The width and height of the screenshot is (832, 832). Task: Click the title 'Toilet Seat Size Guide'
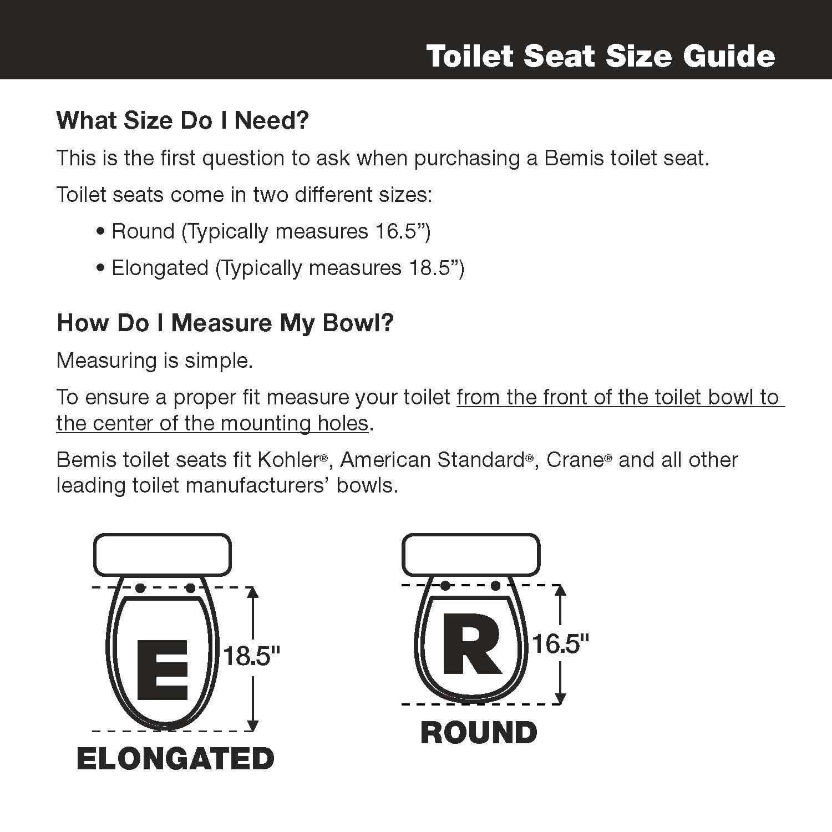pyautogui.click(x=600, y=56)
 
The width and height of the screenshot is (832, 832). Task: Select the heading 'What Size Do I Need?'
pyautogui.click(x=182, y=120)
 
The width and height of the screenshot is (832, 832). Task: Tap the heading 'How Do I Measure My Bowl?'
pyautogui.click(x=225, y=323)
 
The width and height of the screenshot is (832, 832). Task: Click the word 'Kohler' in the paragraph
pyautogui.click(x=288, y=460)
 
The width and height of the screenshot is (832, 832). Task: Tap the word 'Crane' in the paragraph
pyautogui.click(x=575, y=460)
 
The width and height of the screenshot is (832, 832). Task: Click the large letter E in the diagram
pyautogui.click(x=163, y=669)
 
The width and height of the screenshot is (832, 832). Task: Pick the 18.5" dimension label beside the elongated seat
pyautogui.click(x=251, y=656)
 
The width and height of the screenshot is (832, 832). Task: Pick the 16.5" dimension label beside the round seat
pyautogui.click(x=560, y=644)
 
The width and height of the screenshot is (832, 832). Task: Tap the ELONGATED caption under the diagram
pyautogui.click(x=175, y=758)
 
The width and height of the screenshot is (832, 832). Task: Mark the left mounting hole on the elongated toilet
pyautogui.click(x=140, y=588)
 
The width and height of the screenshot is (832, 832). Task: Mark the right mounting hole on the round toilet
pyautogui.click(x=496, y=586)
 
